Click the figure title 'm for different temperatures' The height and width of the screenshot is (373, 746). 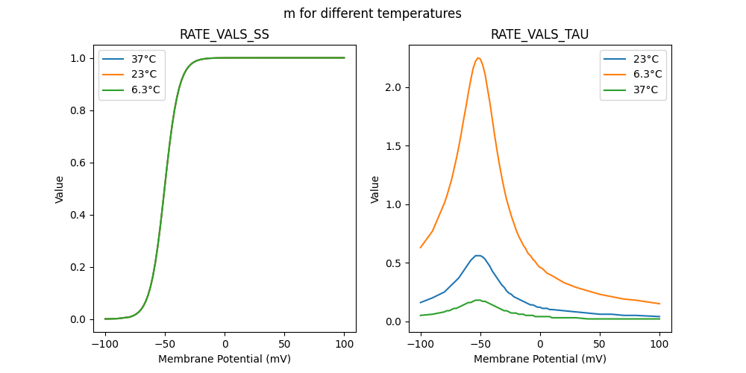(x=372, y=13)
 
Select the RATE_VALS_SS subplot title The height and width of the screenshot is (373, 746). (x=225, y=34)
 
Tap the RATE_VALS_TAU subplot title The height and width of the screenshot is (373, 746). (x=539, y=34)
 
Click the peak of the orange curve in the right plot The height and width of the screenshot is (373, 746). (x=478, y=57)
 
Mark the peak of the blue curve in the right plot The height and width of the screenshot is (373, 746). (x=478, y=256)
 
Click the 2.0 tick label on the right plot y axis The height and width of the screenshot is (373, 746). (x=393, y=87)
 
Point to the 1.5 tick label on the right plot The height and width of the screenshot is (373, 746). (x=393, y=146)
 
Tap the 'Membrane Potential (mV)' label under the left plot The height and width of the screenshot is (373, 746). (x=225, y=359)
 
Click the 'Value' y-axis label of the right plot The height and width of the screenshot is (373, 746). (x=375, y=189)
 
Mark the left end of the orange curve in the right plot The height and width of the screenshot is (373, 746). (x=421, y=248)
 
